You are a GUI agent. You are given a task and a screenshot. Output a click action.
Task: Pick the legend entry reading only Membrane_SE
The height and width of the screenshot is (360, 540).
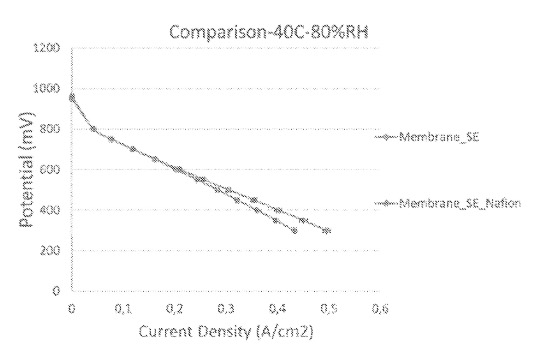[441, 137]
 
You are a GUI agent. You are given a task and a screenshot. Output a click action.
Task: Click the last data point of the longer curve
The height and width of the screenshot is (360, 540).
[326, 231]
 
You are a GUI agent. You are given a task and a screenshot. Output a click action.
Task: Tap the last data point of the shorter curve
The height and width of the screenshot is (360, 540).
[293, 231]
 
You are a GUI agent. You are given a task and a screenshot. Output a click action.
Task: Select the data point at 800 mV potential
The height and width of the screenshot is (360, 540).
[93, 129]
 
